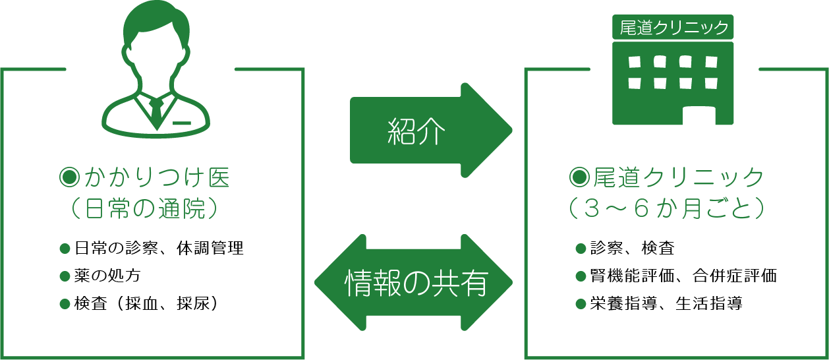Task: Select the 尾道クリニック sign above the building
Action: pyautogui.click(x=673, y=27)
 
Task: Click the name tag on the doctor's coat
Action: pyautogui.click(x=183, y=123)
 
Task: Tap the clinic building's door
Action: pyautogui.click(x=698, y=115)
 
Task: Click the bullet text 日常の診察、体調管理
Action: pyautogui.click(x=158, y=249)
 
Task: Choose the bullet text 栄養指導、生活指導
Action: pyautogui.click(x=666, y=303)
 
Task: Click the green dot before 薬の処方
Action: pyautogui.click(x=65, y=276)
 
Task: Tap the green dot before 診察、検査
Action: pyautogui.click(x=581, y=249)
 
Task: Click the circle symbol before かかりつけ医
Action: pyautogui.click(x=69, y=177)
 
